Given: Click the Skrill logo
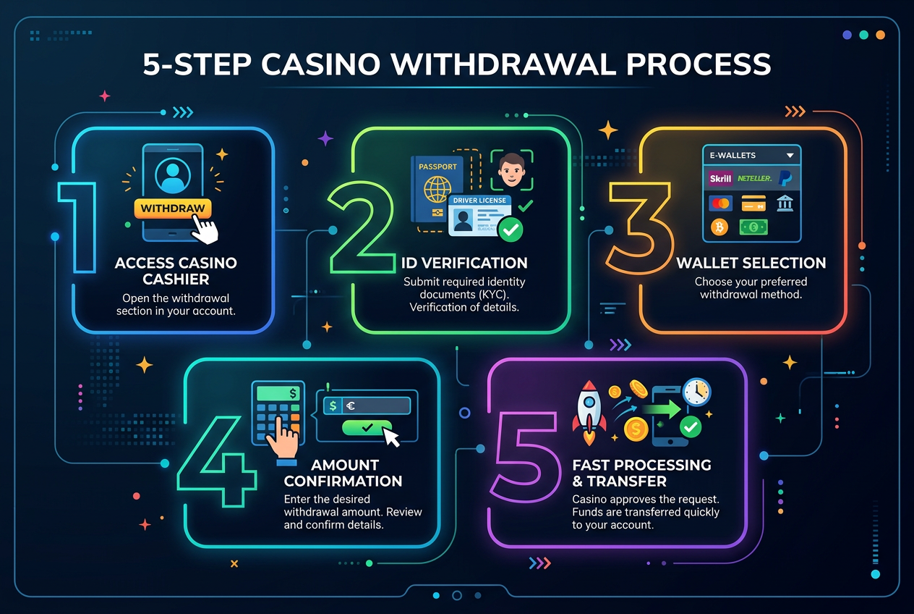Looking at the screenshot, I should [x=722, y=178].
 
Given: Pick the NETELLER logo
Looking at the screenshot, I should [x=754, y=178].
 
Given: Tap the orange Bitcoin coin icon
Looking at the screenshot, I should [x=720, y=227].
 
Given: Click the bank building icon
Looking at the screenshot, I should [x=785, y=203].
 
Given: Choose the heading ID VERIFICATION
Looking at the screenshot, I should [x=464, y=263].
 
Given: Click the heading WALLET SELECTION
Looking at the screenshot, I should [x=751, y=263].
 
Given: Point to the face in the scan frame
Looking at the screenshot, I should [x=512, y=167].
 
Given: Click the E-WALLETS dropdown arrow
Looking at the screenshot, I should [x=790, y=156].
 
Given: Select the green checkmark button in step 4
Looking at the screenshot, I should [x=367, y=428].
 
